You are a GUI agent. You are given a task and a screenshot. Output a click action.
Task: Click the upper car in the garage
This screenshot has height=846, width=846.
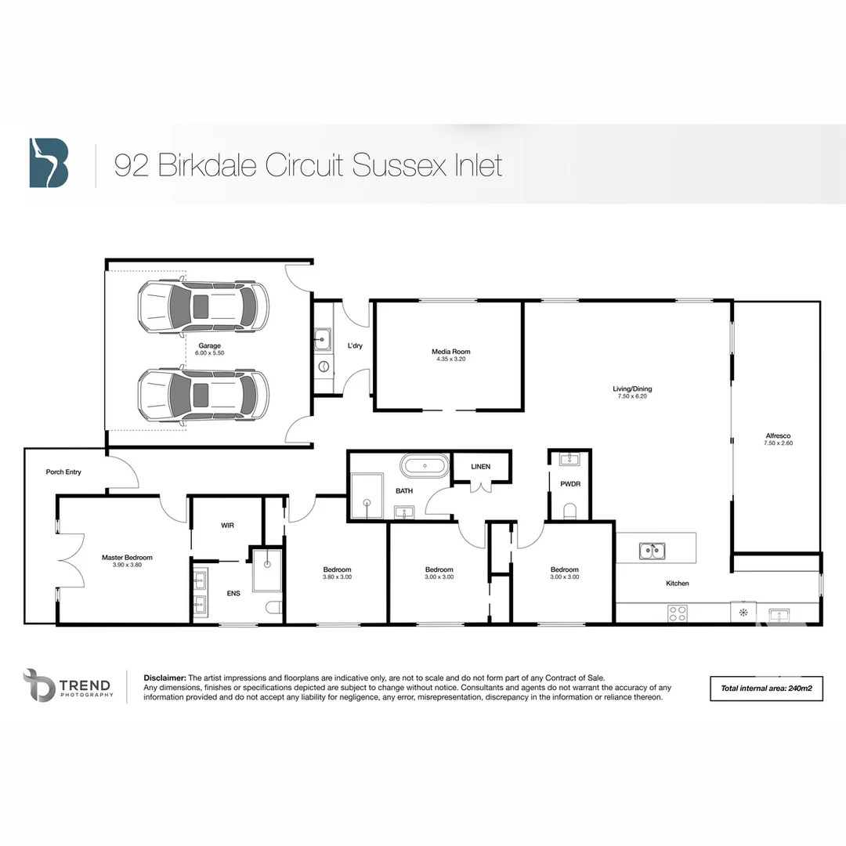click(203, 305)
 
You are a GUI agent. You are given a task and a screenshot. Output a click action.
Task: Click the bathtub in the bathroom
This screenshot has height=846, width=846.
click(425, 466)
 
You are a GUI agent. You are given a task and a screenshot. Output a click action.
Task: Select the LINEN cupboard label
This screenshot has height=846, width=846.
click(480, 467)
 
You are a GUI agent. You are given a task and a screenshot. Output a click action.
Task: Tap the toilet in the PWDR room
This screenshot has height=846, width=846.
click(569, 512)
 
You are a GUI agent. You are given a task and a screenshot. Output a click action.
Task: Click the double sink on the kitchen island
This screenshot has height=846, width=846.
click(652, 551)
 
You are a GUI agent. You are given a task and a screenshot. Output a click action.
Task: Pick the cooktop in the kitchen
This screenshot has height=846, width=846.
click(678, 613)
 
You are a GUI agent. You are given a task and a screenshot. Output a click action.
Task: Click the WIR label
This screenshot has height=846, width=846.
click(227, 525)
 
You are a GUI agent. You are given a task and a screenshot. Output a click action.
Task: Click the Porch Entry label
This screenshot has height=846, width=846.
click(63, 472)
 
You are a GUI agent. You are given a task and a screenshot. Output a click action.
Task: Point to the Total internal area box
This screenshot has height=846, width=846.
click(765, 688)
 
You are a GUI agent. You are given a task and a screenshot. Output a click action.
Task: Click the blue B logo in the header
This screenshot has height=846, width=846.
click(49, 163)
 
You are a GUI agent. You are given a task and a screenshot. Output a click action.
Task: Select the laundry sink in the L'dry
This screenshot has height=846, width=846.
click(322, 340)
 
